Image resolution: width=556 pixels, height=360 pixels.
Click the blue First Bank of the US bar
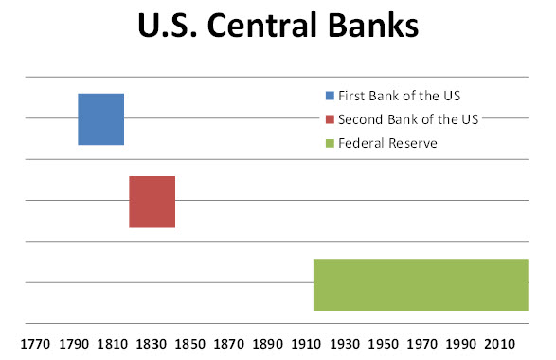pyautogui.click(x=100, y=118)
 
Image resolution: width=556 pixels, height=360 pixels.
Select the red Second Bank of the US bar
pyautogui.click(x=152, y=202)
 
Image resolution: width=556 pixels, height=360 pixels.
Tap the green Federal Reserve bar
pyautogui.click(x=420, y=284)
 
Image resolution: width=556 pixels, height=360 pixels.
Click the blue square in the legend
pyautogui.click(x=330, y=95)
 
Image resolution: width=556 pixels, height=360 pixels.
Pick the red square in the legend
pyautogui.click(x=330, y=118)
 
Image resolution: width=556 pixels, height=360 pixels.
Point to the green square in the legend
pyautogui.click(x=330, y=143)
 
